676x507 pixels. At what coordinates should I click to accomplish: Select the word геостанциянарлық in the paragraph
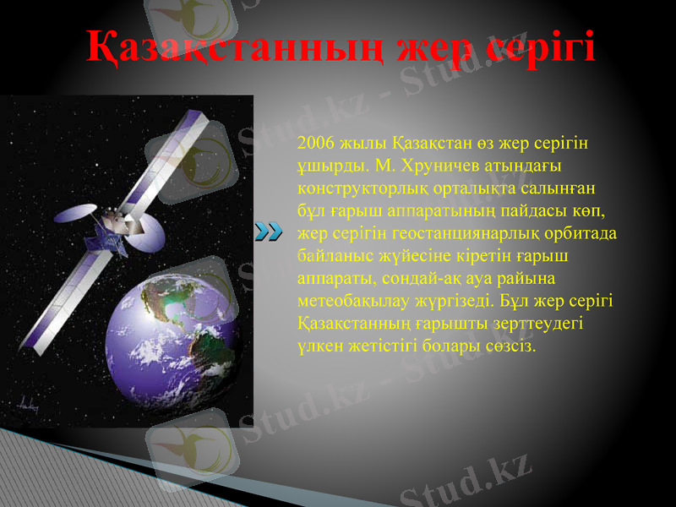457,234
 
